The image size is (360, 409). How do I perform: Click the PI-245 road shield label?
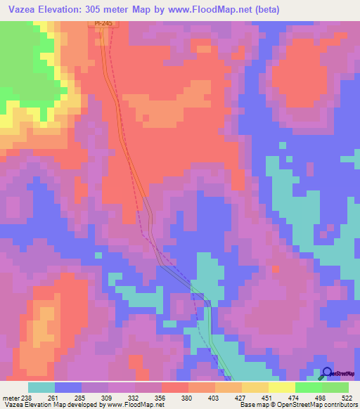point(103,23)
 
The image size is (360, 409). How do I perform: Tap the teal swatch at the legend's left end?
point(41,387)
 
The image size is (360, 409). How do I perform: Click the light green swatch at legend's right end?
point(335,387)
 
